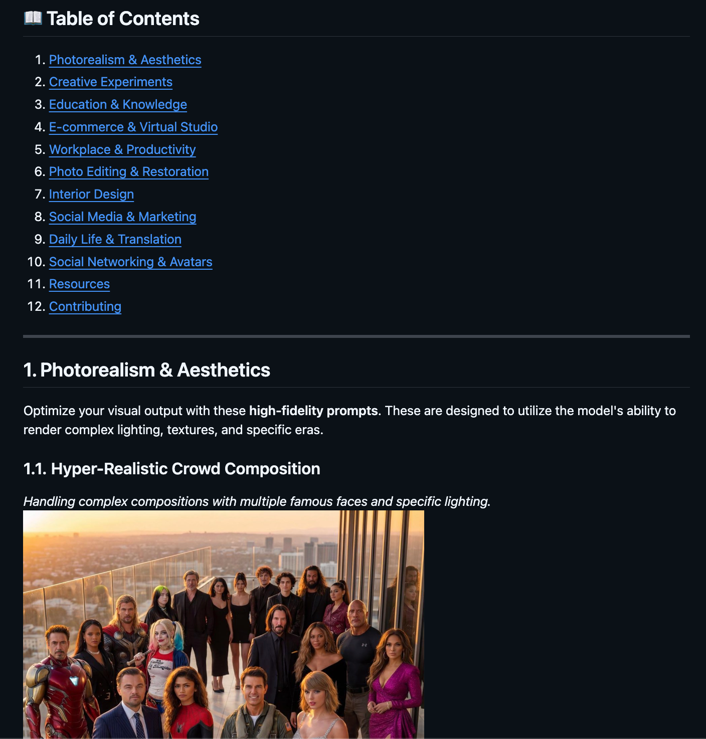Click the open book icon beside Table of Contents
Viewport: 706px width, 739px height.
[x=33, y=18]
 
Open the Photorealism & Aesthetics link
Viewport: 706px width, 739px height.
[x=125, y=60]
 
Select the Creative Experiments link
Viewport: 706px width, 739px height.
[x=110, y=82]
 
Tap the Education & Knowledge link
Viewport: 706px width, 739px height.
[x=118, y=104]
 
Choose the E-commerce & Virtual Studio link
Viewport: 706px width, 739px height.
[x=133, y=127]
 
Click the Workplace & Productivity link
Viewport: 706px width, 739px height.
[x=122, y=149]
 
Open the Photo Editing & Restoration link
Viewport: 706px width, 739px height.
[x=128, y=171]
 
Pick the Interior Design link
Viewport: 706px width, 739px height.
[x=91, y=194]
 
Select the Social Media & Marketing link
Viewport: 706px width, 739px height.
[x=122, y=217]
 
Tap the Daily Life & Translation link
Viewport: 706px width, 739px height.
[x=115, y=239]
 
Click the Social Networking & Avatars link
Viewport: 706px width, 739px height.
[x=130, y=262]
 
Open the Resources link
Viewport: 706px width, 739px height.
[x=79, y=284]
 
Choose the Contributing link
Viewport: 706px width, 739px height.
[x=85, y=306]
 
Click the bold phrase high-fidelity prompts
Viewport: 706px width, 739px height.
[x=313, y=411]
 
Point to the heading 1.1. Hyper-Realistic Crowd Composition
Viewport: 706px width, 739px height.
[x=171, y=468]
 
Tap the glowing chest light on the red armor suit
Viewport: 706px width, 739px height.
[x=74, y=680]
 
